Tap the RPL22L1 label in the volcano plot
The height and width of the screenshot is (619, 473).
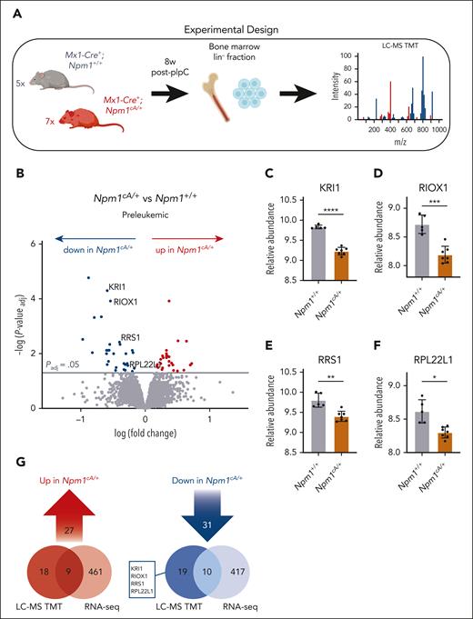coord(146,364)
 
